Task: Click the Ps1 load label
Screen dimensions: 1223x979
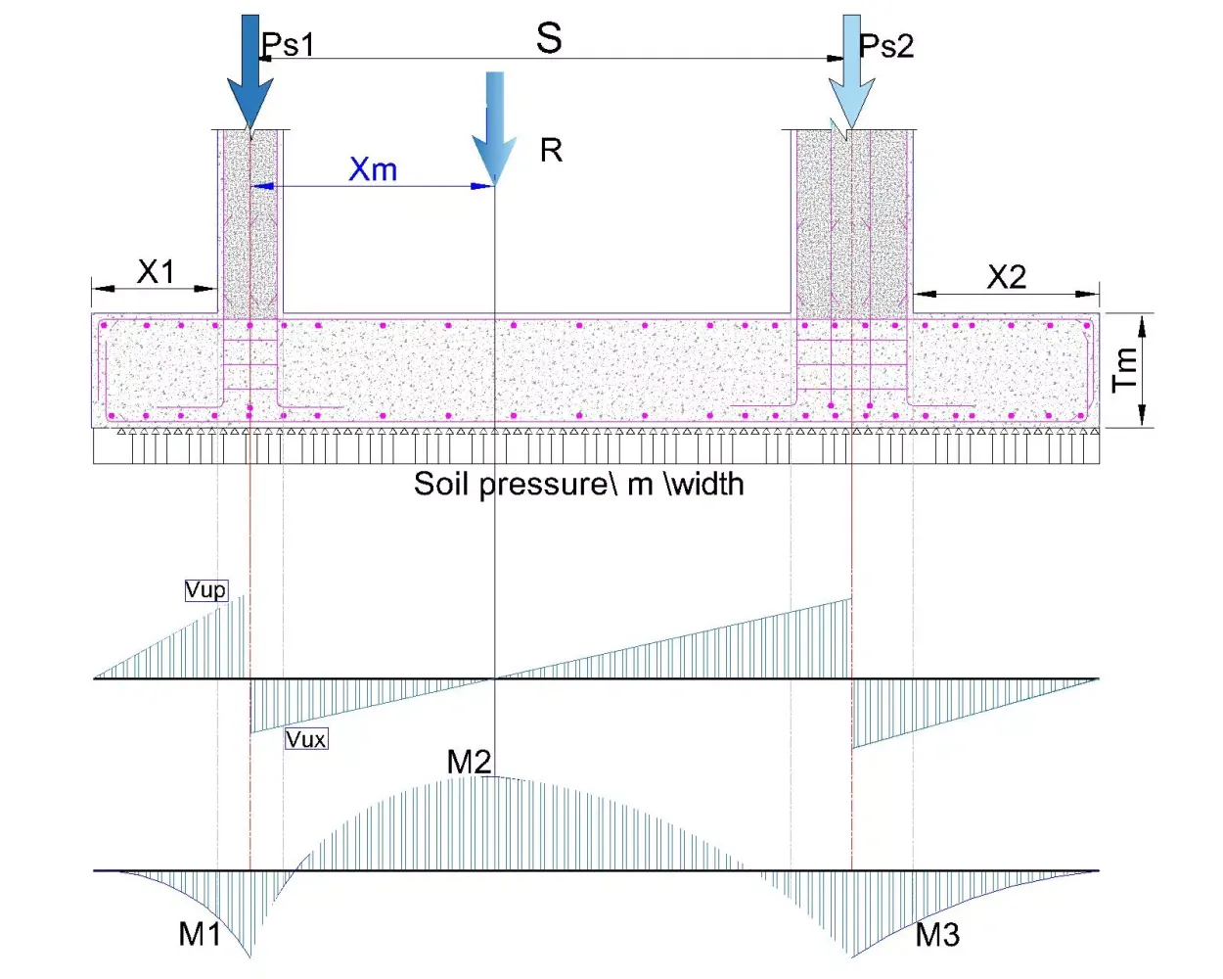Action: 288,44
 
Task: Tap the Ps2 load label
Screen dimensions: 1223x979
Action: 886,45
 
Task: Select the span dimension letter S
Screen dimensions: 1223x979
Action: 549,38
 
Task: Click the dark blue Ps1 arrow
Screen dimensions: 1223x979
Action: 250,71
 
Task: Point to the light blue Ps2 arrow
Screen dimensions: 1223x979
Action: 851,71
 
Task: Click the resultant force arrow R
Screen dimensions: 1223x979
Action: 494,128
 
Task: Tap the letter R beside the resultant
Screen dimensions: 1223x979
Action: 551,151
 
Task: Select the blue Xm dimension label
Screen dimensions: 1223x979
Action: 373,169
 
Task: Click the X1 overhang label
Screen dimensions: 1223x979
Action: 156,272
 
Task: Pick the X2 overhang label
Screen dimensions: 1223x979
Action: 1007,278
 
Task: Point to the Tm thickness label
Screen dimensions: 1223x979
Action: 1125,370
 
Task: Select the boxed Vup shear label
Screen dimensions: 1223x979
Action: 205,590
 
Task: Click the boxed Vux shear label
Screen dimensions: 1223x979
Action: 306,739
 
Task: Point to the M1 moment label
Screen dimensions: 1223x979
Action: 200,934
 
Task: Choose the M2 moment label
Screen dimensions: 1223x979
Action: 470,761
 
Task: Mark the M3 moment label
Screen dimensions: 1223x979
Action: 937,934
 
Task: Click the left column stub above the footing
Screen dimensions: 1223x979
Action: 250,222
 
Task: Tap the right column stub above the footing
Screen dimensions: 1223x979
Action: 852,222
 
